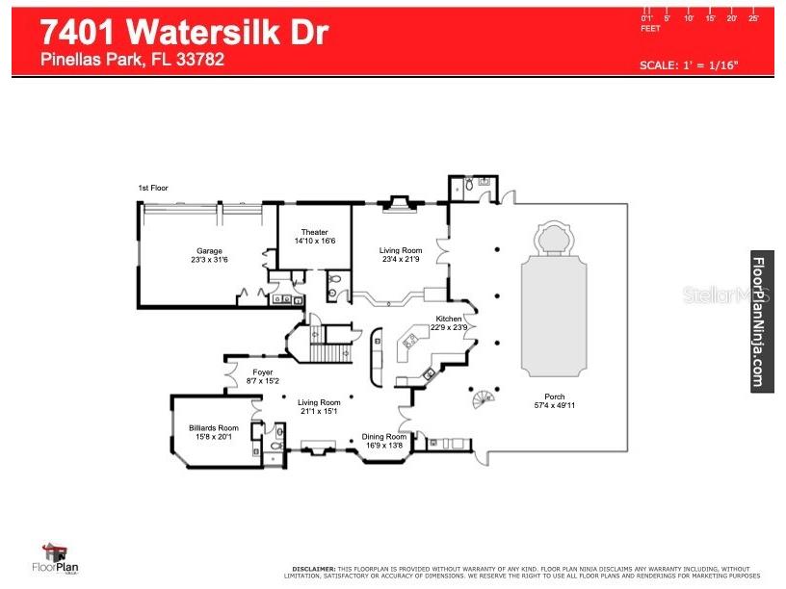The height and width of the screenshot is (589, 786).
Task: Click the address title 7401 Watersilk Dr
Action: point(184,32)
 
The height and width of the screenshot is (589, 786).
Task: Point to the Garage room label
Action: point(207,251)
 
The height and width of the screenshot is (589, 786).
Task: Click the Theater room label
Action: point(314,232)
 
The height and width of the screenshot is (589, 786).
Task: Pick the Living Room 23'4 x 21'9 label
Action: point(400,251)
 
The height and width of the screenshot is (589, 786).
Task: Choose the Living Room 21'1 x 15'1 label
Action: point(318,403)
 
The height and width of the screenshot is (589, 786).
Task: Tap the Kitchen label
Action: point(449,319)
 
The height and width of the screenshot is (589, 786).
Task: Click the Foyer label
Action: point(262,372)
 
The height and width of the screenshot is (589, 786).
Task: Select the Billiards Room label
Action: point(214,428)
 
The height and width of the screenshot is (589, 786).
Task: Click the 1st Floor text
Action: point(153,188)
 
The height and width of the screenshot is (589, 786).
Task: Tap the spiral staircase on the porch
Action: point(483,397)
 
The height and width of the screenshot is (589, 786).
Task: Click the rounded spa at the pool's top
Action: point(554,238)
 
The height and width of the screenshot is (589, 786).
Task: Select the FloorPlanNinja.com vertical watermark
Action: point(761,321)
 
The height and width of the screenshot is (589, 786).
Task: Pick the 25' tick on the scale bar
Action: point(754,18)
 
